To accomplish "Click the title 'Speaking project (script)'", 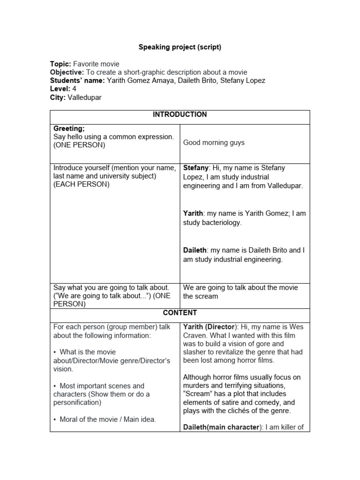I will tap(180, 47).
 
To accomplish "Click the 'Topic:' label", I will tap(60, 64).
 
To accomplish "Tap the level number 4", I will tap(74, 89).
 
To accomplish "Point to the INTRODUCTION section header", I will tap(180, 114).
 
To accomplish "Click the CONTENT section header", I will tap(180, 313).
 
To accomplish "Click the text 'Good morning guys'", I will tap(214, 142).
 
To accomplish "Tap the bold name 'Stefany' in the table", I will tap(196, 168).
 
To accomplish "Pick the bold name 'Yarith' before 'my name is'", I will tap(193, 213).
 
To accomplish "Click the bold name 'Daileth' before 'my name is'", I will tap(195, 250).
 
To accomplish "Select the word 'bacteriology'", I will tap(221, 223).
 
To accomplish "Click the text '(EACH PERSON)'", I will tap(81, 184).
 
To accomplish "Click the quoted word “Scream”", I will tap(196, 394).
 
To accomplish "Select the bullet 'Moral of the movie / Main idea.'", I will tap(108, 420).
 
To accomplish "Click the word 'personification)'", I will tap(77, 403).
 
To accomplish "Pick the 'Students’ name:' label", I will tap(77, 81).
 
